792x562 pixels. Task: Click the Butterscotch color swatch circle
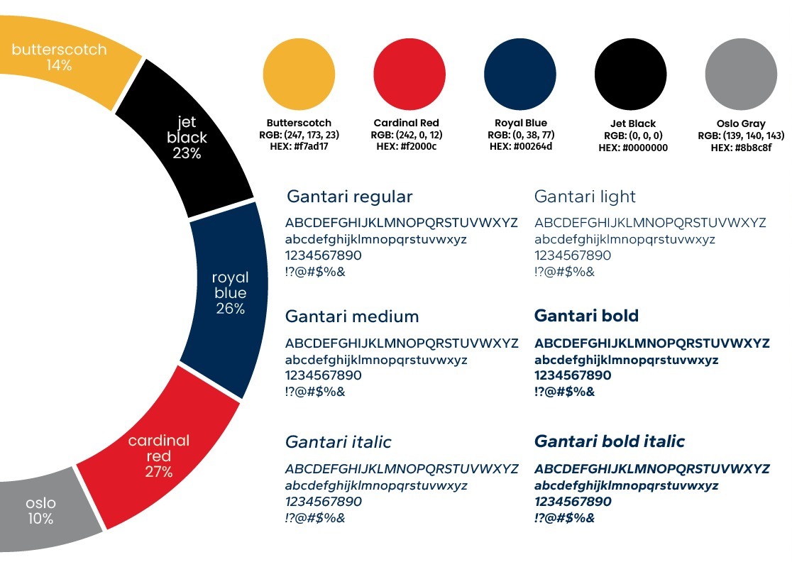point(299,75)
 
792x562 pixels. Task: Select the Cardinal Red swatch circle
point(409,75)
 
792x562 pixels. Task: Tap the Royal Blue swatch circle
point(519,75)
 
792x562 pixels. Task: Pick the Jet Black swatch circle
point(630,75)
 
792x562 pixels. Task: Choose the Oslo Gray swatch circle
point(741,75)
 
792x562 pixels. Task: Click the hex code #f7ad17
point(311,146)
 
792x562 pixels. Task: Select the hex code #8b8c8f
point(753,148)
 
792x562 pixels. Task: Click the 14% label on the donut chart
point(59,65)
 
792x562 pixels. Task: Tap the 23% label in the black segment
point(187,153)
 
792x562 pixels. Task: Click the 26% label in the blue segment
point(231,309)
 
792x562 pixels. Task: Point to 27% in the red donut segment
point(158,472)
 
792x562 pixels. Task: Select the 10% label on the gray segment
point(40,519)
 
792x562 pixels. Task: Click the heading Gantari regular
point(350,197)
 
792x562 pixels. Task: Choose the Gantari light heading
point(585,197)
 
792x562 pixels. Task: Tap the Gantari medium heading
point(352,316)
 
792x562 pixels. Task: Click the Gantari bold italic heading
point(610,441)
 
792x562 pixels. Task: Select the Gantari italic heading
point(339,442)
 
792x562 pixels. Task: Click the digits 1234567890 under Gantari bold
point(573,375)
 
